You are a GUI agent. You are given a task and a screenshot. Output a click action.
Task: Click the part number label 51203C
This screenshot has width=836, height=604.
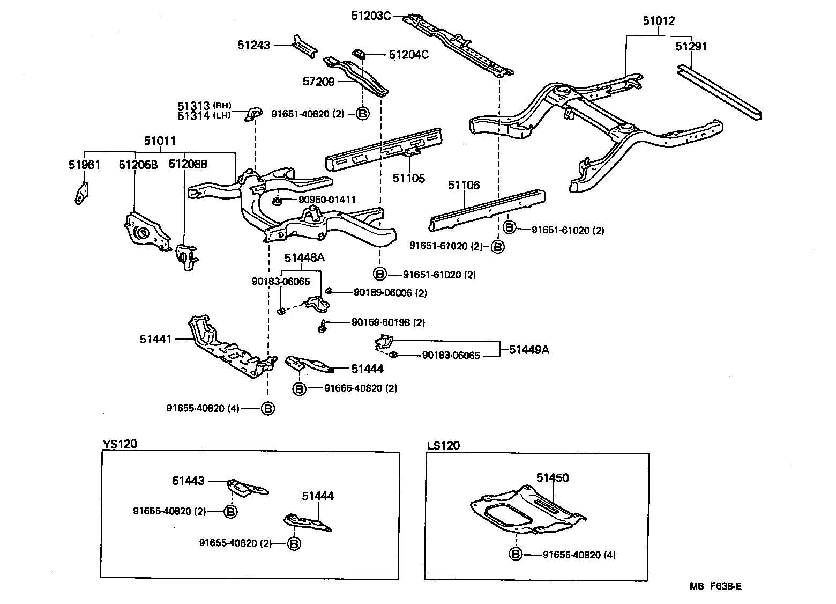click(x=371, y=16)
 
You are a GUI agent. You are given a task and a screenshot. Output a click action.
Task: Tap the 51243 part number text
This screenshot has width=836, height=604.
click(x=254, y=46)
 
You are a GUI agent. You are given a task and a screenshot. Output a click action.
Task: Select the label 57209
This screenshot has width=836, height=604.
click(x=318, y=82)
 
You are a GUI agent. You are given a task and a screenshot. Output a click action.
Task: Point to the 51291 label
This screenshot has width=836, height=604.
click(x=691, y=47)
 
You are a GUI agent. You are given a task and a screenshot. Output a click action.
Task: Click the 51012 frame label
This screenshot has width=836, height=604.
click(x=659, y=21)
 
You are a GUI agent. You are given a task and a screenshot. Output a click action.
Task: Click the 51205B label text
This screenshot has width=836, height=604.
click(x=138, y=165)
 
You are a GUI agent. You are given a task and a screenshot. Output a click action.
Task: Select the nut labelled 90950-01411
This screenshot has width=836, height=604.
click(x=278, y=201)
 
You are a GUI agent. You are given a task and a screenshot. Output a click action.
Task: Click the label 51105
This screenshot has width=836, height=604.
click(x=408, y=178)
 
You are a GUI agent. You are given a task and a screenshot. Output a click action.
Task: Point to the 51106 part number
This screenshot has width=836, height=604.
click(x=464, y=186)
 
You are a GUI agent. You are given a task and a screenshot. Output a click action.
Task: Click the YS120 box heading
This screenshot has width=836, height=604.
click(x=120, y=444)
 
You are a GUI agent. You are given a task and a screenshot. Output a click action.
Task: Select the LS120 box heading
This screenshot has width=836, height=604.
click(x=443, y=446)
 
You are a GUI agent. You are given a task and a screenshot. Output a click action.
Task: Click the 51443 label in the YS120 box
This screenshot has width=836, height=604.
click(x=188, y=481)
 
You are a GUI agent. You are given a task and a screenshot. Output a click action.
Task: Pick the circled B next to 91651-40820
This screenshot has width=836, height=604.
click(x=362, y=114)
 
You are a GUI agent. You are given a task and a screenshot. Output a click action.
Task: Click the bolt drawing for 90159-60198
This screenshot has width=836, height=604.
click(x=322, y=326)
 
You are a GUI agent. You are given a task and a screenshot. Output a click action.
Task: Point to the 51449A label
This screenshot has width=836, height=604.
click(x=529, y=350)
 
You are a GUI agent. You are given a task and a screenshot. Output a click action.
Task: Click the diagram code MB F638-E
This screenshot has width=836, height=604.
click(x=715, y=586)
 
